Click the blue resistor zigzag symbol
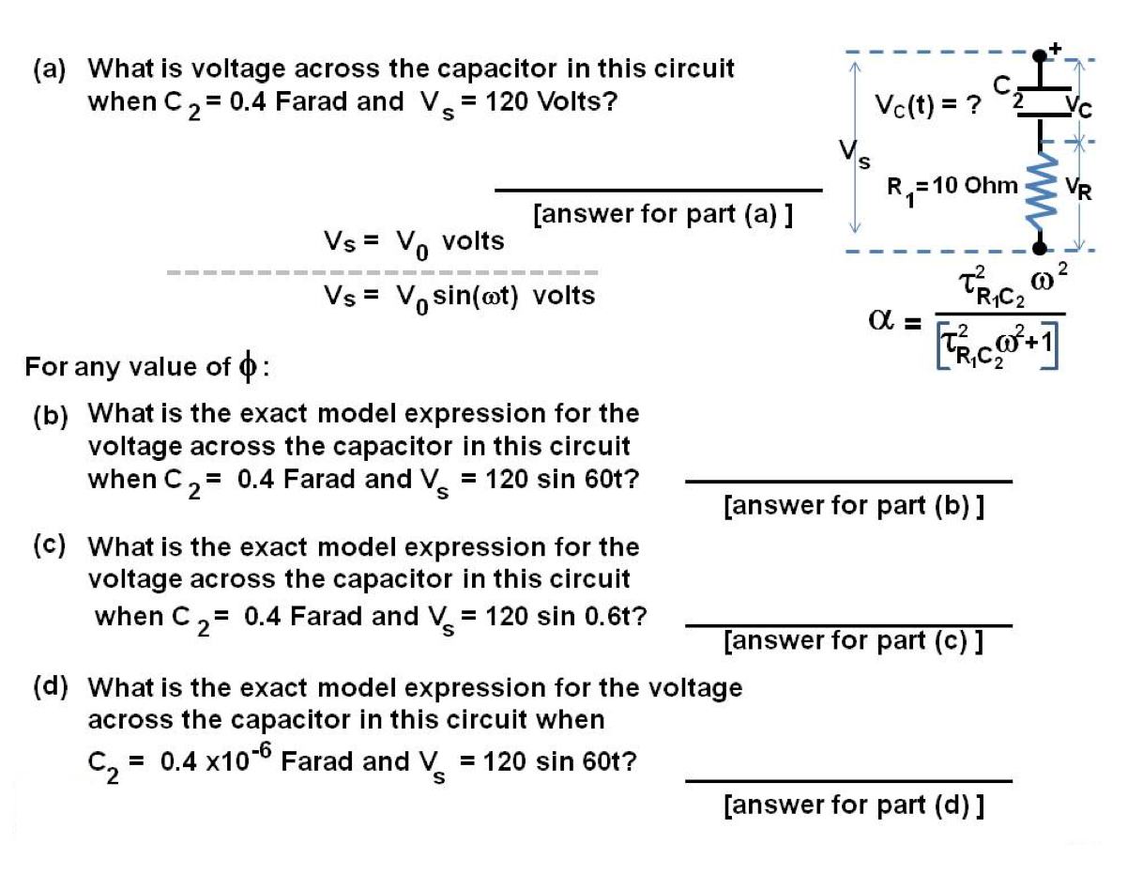pos(1038,193)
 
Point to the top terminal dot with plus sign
pos(1039,55)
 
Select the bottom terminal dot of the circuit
pos(1039,248)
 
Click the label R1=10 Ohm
pos(952,187)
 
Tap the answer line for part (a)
pos(658,191)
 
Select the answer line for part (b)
pos(848,483)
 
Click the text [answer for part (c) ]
pos(853,641)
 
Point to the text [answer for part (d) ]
pos(853,805)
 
